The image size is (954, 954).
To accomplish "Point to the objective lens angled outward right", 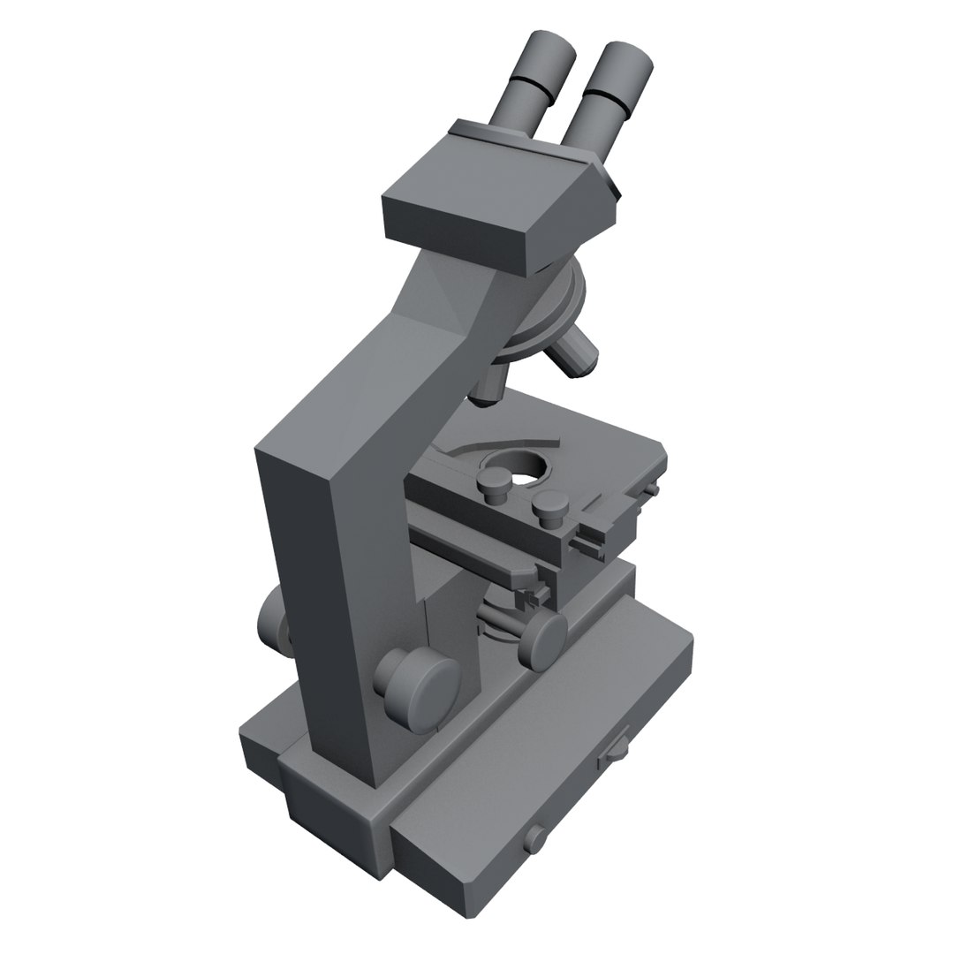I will [575, 352].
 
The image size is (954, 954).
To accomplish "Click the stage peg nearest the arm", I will [493, 485].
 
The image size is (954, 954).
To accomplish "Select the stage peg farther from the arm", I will [549, 505].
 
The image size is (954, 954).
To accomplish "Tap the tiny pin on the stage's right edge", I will [653, 488].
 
